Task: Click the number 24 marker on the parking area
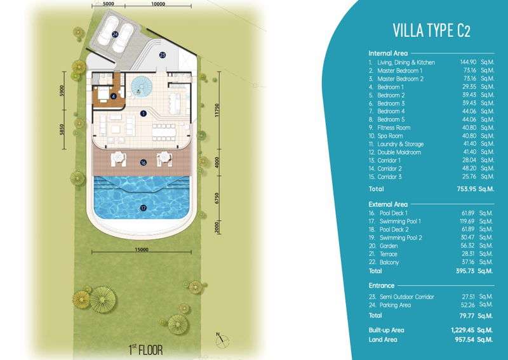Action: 115,34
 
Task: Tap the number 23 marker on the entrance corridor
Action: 163,55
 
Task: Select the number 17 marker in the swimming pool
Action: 144,208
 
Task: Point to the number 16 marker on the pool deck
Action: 144,163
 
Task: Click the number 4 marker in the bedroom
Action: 114,97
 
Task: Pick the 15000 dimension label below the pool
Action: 142,249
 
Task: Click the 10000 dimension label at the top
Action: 158,4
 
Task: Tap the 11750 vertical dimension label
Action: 217,110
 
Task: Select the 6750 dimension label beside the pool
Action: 217,198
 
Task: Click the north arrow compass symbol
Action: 222,339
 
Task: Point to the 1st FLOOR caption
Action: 145,349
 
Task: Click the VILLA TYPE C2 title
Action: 431,30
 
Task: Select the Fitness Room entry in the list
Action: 394,128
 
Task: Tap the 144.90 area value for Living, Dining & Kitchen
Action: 468,62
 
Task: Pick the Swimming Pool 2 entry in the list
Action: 401,237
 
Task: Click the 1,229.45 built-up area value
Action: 462,330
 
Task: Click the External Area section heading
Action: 388,204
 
